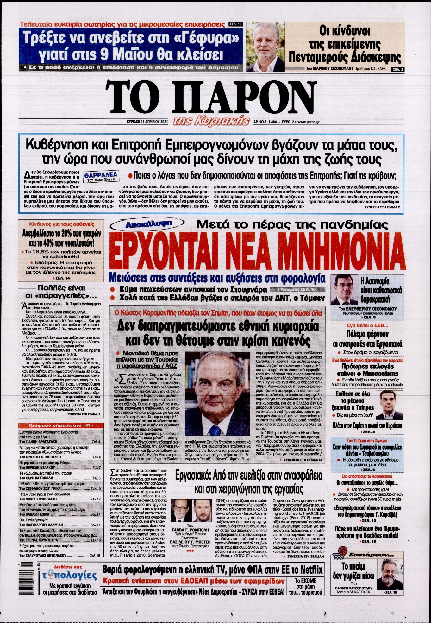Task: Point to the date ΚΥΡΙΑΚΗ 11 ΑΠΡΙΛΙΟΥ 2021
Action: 145,121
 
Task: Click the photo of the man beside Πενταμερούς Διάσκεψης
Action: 265,47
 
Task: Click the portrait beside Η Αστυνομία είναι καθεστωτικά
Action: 344,290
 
